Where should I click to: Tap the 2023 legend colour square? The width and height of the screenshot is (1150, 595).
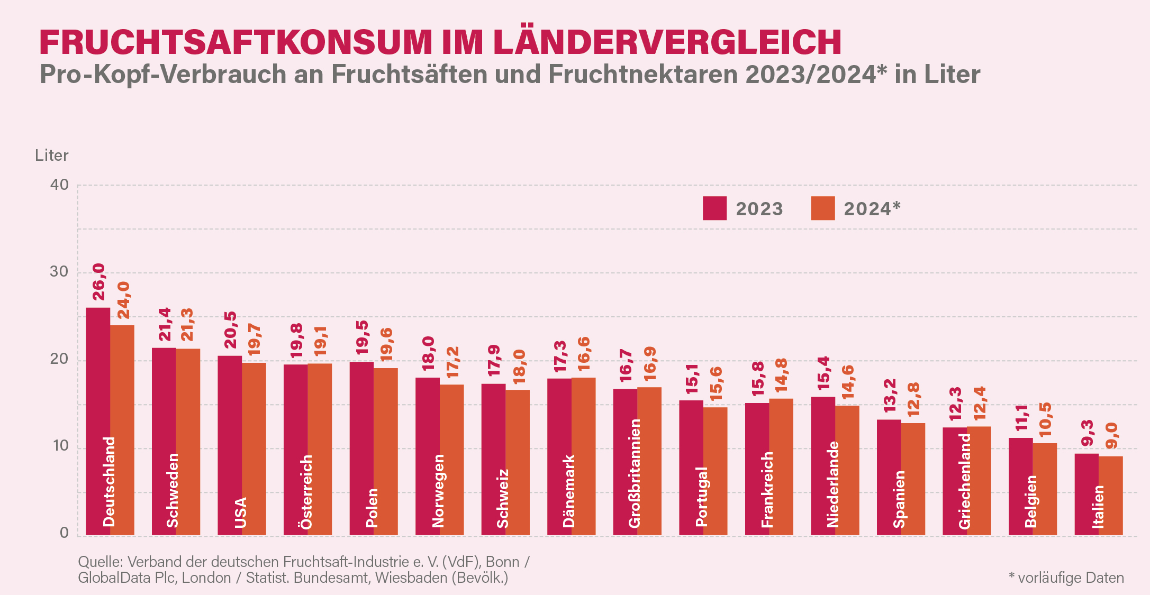coord(714,208)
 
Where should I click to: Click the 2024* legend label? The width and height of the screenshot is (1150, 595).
coord(872,209)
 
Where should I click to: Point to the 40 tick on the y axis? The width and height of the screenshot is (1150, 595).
coord(59,185)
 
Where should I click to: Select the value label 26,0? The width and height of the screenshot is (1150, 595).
coord(99,282)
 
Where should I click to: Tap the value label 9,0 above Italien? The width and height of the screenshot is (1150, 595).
coord(1111,435)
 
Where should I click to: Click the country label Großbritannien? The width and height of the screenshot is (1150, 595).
coord(635,473)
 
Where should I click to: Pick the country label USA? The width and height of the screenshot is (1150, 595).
coord(240,512)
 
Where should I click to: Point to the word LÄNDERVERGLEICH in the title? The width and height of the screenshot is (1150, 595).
coord(667,42)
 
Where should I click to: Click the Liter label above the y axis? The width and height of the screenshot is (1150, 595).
coord(51,155)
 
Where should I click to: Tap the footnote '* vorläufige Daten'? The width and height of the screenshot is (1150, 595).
coord(1066,578)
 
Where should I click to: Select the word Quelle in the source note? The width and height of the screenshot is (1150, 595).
coord(100,562)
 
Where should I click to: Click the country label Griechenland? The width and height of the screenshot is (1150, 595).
coord(964,481)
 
